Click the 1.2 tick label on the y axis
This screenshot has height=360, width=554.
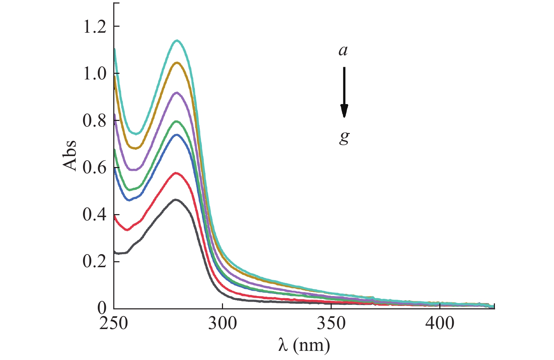(x=94, y=27)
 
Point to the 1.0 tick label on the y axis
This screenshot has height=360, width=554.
(x=94, y=74)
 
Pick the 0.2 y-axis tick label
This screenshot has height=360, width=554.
(x=94, y=262)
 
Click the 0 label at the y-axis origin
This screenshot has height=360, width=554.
(x=102, y=308)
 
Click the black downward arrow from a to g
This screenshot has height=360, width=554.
(x=344, y=92)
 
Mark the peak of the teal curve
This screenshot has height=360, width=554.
(x=177, y=40)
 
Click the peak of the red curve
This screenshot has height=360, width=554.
(x=176, y=173)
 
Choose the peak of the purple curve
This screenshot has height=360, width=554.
(x=176, y=92)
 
